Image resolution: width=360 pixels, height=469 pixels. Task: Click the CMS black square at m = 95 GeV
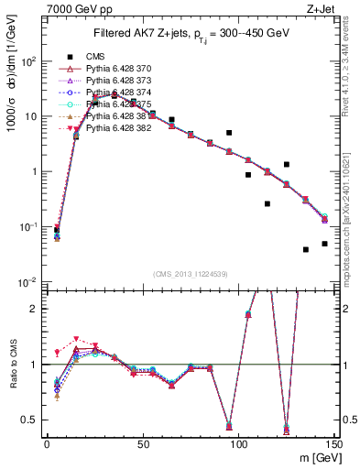click(229, 133)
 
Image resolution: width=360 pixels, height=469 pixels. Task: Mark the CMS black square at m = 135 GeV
click(306, 249)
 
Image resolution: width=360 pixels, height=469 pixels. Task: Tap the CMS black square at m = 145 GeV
click(325, 244)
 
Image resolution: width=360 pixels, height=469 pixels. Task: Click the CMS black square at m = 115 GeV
click(267, 203)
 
